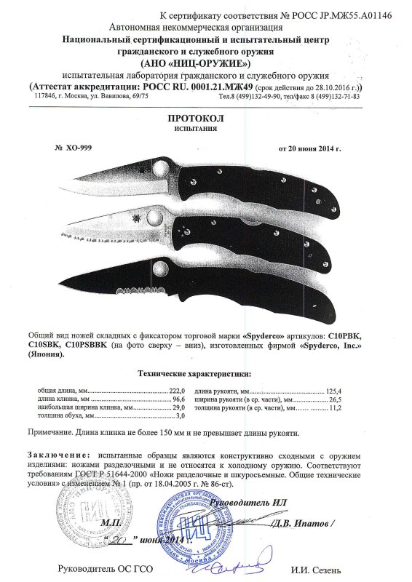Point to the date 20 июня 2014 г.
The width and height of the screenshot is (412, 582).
[309, 148]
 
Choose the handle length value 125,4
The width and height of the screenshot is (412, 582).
[333, 391]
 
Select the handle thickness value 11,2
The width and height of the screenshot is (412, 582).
[334, 409]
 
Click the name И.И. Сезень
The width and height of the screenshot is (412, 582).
[314, 569]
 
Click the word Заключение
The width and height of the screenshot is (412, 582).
[62, 454]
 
